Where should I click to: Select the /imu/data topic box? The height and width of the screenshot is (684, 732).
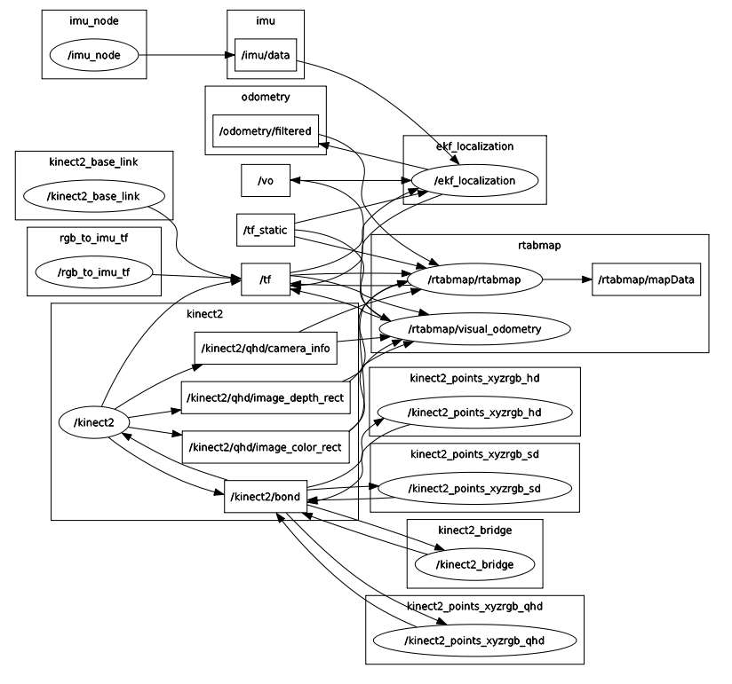pos(265,55)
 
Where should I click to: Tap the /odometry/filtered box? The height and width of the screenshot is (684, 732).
pos(266,131)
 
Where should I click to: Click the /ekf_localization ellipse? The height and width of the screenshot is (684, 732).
pos(474,180)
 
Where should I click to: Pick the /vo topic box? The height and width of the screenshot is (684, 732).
pos(266,180)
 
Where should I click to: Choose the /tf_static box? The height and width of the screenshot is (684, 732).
pos(265,230)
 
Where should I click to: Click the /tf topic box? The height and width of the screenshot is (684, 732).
pos(265,279)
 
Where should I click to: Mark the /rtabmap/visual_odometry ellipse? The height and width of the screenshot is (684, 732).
pos(474,329)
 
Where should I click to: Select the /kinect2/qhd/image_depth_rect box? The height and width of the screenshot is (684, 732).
pos(264,397)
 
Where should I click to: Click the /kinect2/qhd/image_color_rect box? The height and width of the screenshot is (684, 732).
pos(264,446)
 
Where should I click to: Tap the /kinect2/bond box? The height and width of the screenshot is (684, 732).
pos(265,496)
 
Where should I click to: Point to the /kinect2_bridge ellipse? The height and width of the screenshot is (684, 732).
pos(474,562)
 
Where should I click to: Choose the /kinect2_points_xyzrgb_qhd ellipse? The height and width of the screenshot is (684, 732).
pos(475,640)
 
